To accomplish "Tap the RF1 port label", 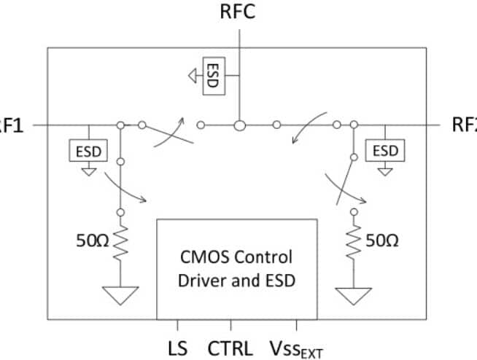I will pos(10,125).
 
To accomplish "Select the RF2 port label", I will pos(465,125).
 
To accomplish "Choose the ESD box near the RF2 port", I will pos(385,151).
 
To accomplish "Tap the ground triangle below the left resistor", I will pos(121,295).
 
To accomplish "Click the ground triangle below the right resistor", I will pos(353,295).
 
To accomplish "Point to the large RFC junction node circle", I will pos(238,125).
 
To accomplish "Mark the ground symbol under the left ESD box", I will pos(88,172).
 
